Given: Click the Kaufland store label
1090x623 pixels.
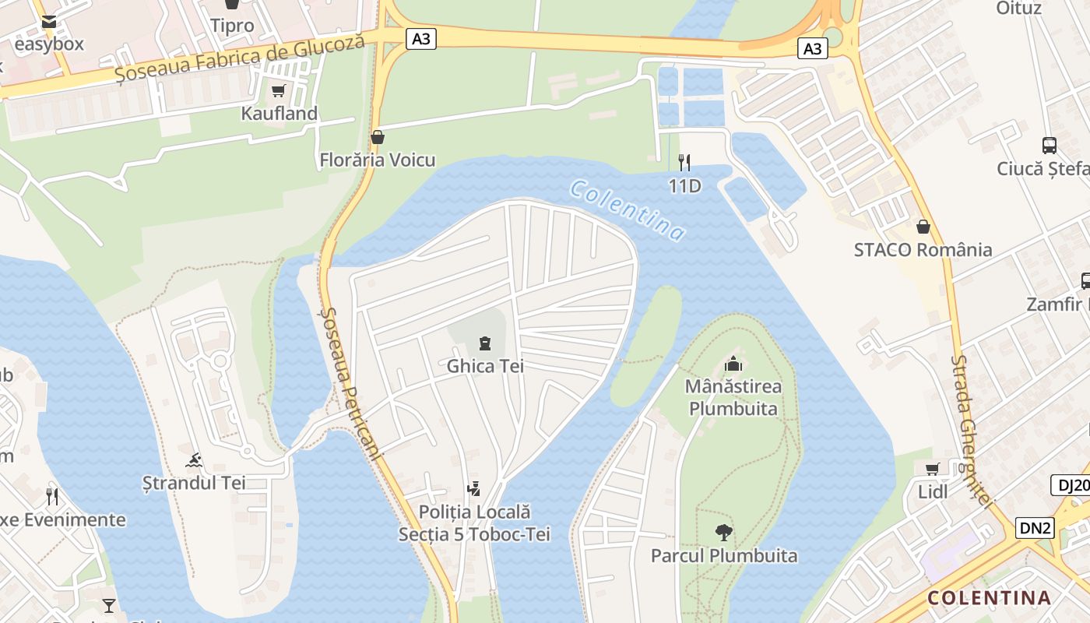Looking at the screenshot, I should pyautogui.click(x=279, y=114).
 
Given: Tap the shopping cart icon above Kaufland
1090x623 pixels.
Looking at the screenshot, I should pyautogui.click(x=278, y=91).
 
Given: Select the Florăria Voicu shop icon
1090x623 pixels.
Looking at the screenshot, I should pyautogui.click(x=378, y=138).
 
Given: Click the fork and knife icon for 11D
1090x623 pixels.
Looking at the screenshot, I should pyautogui.click(x=684, y=162).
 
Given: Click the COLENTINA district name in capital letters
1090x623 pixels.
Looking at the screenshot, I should pyautogui.click(x=989, y=598).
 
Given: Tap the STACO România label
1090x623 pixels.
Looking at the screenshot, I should pyautogui.click(x=923, y=250).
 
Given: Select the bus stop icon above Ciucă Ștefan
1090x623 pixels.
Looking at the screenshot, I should pyautogui.click(x=1050, y=145).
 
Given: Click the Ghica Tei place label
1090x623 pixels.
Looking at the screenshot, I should pyautogui.click(x=485, y=366).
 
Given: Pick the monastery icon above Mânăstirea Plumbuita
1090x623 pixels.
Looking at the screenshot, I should pyautogui.click(x=733, y=364).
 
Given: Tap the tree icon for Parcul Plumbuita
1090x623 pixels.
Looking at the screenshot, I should pyautogui.click(x=724, y=533).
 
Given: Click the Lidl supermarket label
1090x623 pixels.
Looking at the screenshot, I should pyautogui.click(x=932, y=491).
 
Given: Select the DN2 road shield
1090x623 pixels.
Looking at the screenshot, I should pyautogui.click(x=1035, y=528).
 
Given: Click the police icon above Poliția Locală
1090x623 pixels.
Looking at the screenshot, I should pyautogui.click(x=473, y=489).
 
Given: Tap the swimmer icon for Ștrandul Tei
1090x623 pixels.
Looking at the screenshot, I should pyautogui.click(x=194, y=460).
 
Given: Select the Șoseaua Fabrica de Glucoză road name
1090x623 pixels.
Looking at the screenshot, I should pyautogui.click(x=240, y=59).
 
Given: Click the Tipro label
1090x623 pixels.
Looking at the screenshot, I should pyautogui.click(x=232, y=26).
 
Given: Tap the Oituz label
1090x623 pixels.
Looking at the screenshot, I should pyautogui.click(x=1018, y=9).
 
